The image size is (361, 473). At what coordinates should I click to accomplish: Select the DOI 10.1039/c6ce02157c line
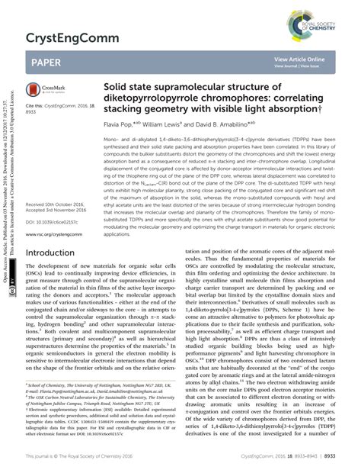(x=52, y=222)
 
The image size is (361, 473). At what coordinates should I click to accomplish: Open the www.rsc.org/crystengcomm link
(x=53, y=234)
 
